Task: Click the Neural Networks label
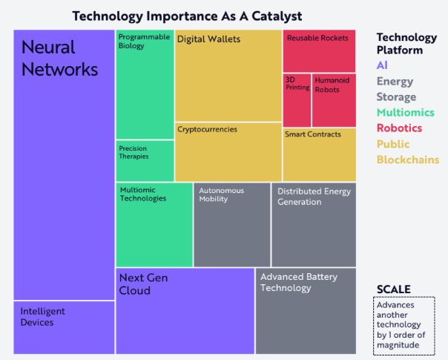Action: click(59, 58)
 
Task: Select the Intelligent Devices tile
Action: click(64, 327)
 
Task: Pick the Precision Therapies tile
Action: click(145, 160)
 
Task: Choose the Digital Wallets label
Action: click(208, 39)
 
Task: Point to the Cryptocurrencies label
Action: click(207, 129)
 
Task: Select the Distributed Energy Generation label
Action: click(309, 196)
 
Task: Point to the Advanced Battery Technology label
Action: click(298, 282)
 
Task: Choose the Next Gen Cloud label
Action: click(143, 284)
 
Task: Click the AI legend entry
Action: click(383, 65)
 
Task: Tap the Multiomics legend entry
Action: click(405, 112)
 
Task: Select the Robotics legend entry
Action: click(399, 128)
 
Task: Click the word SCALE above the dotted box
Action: click(393, 289)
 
